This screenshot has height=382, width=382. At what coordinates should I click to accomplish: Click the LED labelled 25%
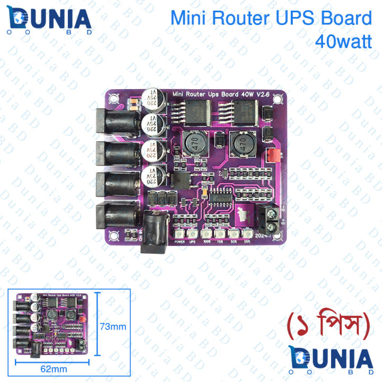click(x=246, y=234)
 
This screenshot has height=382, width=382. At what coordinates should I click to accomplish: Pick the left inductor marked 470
click(x=193, y=144)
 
